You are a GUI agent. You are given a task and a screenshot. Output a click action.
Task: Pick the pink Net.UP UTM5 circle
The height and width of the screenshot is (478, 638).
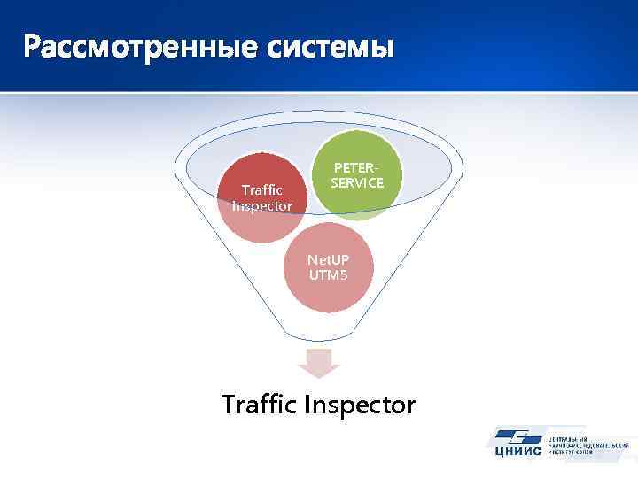tap(329, 266)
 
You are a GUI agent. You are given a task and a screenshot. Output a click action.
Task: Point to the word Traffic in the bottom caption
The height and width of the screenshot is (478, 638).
tap(259, 405)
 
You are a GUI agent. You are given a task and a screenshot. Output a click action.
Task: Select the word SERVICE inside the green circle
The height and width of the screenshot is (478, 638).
tap(357, 182)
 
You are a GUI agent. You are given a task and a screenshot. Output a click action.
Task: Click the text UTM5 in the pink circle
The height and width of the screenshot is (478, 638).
tap(329, 274)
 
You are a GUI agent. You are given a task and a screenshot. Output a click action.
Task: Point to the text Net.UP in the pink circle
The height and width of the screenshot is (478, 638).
tap(329, 259)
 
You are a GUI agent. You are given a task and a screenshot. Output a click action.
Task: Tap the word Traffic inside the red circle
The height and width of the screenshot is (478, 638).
tap(262, 190)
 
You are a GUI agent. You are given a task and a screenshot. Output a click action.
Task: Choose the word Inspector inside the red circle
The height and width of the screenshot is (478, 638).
tap(262, 205)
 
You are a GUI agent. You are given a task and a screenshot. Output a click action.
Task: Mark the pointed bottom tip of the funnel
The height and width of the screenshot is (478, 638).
tap(317, 341)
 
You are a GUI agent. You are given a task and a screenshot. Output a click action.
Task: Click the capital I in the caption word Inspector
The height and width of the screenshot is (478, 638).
tap(307, 405)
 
